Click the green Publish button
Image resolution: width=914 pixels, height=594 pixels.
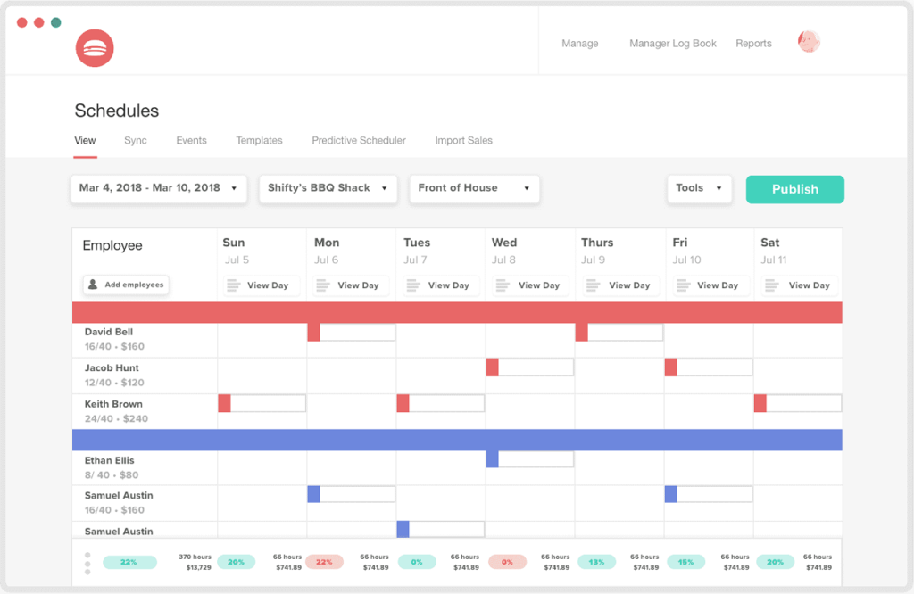click(x=794, y=189)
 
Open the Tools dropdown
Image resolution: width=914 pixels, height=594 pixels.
click(x=699, y=188)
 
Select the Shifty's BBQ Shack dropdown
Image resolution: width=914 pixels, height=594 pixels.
click(x=328, y=188)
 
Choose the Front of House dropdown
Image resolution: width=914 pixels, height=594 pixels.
click(x=474, y=188)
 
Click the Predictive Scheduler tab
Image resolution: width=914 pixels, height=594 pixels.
click(x=359, y=141)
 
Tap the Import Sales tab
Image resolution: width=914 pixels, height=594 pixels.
click(x=463, y=141)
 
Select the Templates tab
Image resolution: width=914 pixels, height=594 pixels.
click(x=259, y=141)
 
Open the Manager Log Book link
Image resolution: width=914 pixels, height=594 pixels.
click(x=672, y=44)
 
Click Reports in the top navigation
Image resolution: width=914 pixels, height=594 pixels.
click(x=753, y=44)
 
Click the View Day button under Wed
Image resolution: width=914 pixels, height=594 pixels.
click(x=529, y=285)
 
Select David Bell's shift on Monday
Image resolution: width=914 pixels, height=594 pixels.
click(x=351, y=332)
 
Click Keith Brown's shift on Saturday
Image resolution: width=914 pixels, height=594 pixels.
click(x=797, y=403)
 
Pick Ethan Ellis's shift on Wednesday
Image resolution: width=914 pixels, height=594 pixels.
click(x=529, y=458)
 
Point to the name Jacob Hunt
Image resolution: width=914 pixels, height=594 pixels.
click(x=112, y=367)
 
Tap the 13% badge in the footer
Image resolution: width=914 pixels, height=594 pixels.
click(x=596, y=562)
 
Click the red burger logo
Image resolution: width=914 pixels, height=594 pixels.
click(x=95, y=48)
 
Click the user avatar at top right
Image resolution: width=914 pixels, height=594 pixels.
click(x=809, y=42)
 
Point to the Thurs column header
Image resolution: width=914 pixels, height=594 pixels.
click(x=597, y=243)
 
